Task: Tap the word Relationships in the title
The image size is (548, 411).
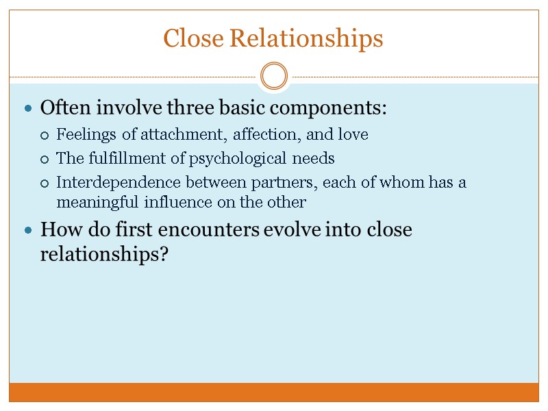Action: [x=306, y=40]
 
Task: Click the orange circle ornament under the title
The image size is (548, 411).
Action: [x=274, y=76]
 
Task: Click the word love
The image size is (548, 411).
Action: [x=353, y=135]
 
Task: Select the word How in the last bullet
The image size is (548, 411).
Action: [x=56, y=229]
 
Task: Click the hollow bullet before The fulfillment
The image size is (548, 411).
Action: [x=45, y=160]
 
